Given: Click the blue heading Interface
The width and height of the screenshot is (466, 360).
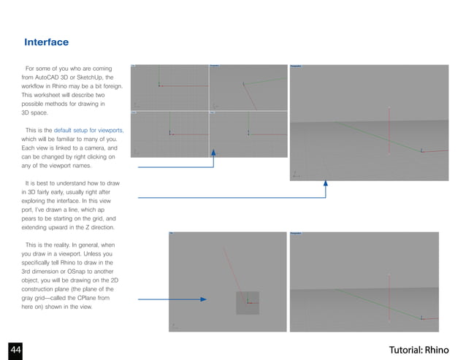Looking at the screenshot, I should pyautogui.click(x=47, y=42).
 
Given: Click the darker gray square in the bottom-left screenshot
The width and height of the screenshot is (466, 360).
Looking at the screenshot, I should pyautogui.click(x=247, y=302).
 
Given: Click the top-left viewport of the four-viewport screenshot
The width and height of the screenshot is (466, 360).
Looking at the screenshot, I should pyautogui.click(x=169, y=87).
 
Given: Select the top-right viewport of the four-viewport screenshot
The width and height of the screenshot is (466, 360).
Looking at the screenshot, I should pyautogui.click(x=248, y=87).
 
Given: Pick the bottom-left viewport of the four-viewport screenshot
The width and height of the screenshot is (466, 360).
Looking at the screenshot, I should pyautogui.click(x=169, y=134).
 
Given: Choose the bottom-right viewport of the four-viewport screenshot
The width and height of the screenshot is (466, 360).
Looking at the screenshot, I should pyautogui.click(x=248, y=134).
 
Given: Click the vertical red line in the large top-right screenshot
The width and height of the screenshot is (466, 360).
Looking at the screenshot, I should pyautogui.click(x=389, y=131).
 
